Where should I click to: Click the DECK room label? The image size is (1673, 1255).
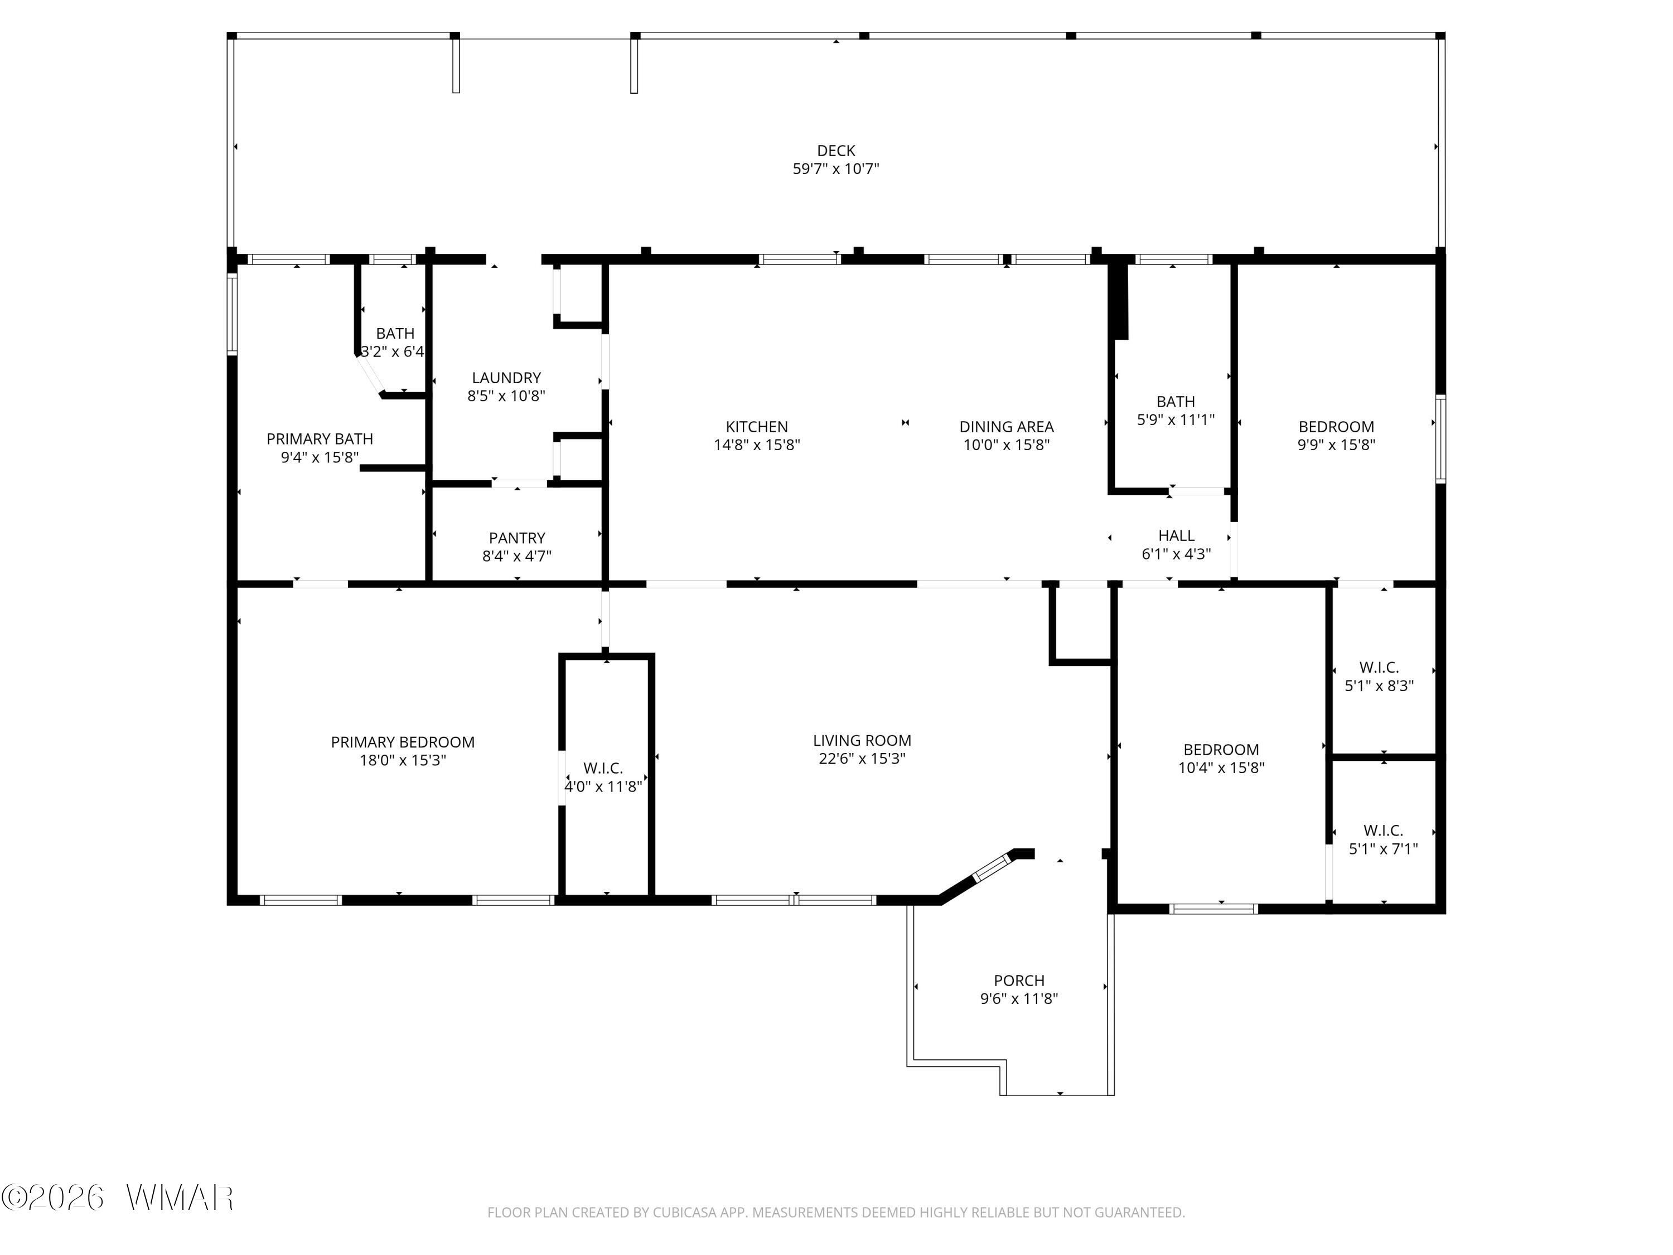click(x=836, y=151)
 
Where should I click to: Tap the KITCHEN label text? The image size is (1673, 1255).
click(x=756, y=427)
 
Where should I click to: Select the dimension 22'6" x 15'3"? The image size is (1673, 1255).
click(x=862, y=758)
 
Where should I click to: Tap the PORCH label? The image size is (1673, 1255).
click(x=1019, y=981)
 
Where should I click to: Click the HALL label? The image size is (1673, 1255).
click(x=1176, y=535)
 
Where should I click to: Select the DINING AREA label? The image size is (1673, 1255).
click(x=1006, y=427)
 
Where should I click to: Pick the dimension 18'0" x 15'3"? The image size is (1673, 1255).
click(x=403, y=760)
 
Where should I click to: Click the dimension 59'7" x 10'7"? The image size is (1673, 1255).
click(x=836, y=168)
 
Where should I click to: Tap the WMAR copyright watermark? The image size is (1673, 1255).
click(x=117, y=1198)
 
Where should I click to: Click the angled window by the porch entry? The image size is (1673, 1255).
click(x=992, y=867)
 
